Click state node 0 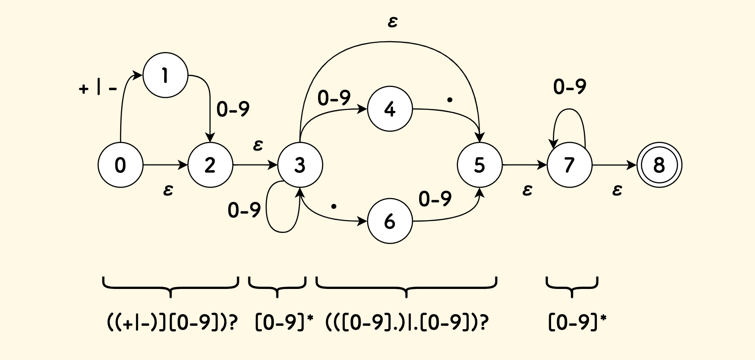coord(120,165)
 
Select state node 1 coord(165,75)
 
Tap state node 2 coord(210,165)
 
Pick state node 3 coord(300,165)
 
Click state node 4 coord(390,109)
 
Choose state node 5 coord(479,165)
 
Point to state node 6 coord(390,221)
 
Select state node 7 coord(569,165)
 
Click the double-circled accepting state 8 coord(659,165)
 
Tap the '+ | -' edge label coord(98,88)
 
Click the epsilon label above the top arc coord(392,22)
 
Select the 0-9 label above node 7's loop coord(569,87)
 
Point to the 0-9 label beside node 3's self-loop coord(244,211)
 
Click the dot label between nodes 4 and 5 coord(450,100)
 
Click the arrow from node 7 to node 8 coord(615,165)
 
